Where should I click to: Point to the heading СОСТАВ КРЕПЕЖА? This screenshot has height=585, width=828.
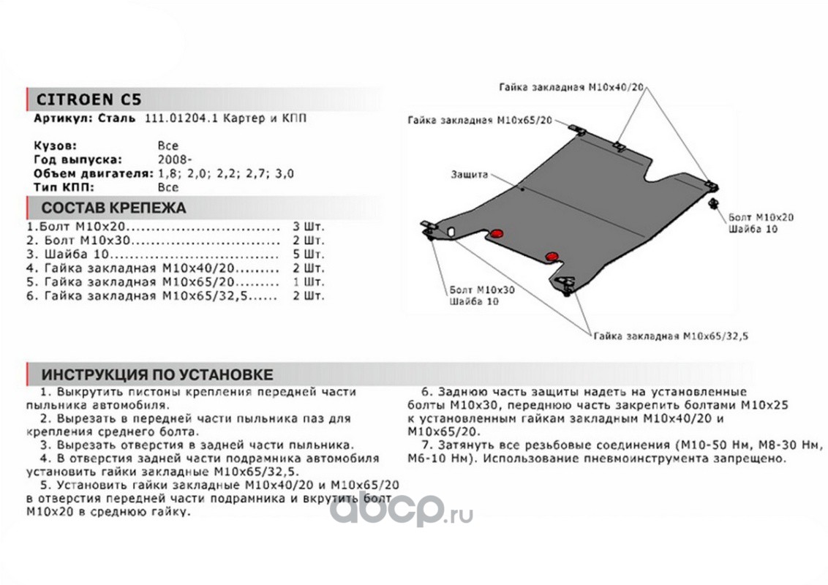point(113,208)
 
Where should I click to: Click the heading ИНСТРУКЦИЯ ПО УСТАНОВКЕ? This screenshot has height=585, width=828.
point(157,374)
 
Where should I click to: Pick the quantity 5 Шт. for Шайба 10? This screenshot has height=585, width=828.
point(308,254)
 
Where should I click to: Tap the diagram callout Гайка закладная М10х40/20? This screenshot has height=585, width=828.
point(572,87)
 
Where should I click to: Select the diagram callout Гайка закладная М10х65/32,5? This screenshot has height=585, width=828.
point(671,336)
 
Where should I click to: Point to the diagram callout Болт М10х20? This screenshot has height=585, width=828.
point(761,217)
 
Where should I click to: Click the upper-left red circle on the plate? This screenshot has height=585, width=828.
point(497,233)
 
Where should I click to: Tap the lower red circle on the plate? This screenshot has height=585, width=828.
point(552,255)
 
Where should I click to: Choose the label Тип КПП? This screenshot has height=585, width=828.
point(64,187)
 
